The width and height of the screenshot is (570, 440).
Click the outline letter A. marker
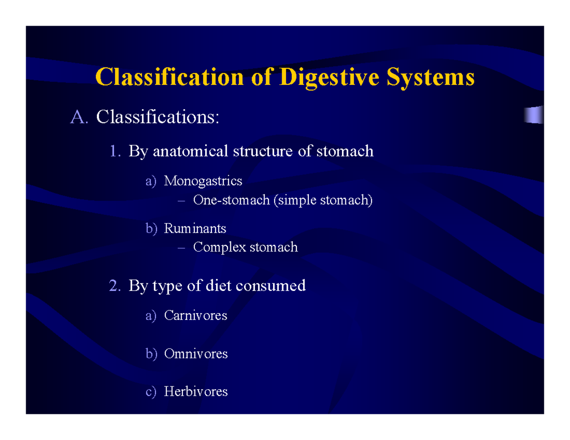click(x=79, y=117)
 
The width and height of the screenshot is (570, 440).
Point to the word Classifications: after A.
click(x=158, y=117)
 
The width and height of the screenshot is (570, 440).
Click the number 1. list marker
click(x=116, y=151)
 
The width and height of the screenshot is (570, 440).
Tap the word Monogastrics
click(x=203, y=181)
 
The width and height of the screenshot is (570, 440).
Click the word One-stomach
click(x=231, y=200)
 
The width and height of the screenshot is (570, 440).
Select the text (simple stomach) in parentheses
click(x=323, y=200)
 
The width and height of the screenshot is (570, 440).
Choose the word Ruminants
click(x=195, y=228)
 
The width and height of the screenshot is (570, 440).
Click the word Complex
click(x=219, y=247)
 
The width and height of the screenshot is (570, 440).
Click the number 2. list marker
click(x=116, y=286)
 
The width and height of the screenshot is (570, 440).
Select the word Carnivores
click(x=196, y=315)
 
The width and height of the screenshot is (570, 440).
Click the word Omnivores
click(x=196, y=354)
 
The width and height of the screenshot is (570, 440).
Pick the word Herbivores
click(x=196, y=392)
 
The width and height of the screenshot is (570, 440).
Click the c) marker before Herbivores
click(x=151, y=392)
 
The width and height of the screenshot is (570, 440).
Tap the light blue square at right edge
click(x=534, y=115)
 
